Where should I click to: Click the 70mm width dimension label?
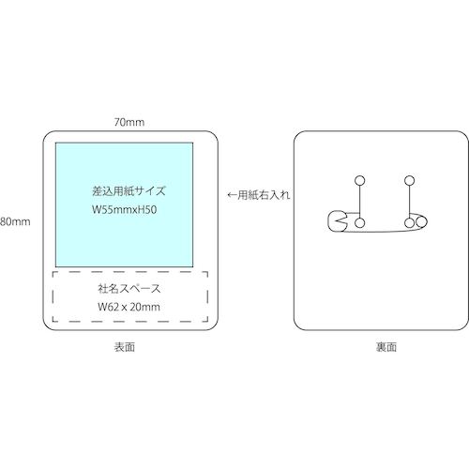(129, 122)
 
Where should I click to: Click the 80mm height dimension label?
(15, 221)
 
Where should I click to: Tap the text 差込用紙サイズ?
(129, 190)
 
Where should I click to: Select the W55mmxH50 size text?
(124, 209)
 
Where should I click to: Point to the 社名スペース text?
(129, 288)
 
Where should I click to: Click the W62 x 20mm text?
(129, 307)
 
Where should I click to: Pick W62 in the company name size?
(108, 307)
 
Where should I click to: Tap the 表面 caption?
(125, 347)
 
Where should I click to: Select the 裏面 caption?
(386, 347)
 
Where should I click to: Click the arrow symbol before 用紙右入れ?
(233, 195)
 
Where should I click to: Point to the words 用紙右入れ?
(265, 195)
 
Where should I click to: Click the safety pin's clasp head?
(337, 221)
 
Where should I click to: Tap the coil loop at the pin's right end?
(422, 222)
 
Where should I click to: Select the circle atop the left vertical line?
(360, 180)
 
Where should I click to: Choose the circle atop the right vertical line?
(409, 180)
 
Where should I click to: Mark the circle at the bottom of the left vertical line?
(360, 223)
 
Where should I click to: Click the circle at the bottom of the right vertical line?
(409, 223)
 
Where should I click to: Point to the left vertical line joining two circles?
(360, 202)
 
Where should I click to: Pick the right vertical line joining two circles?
(409, 202)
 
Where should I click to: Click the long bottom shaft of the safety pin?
(382, 231)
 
